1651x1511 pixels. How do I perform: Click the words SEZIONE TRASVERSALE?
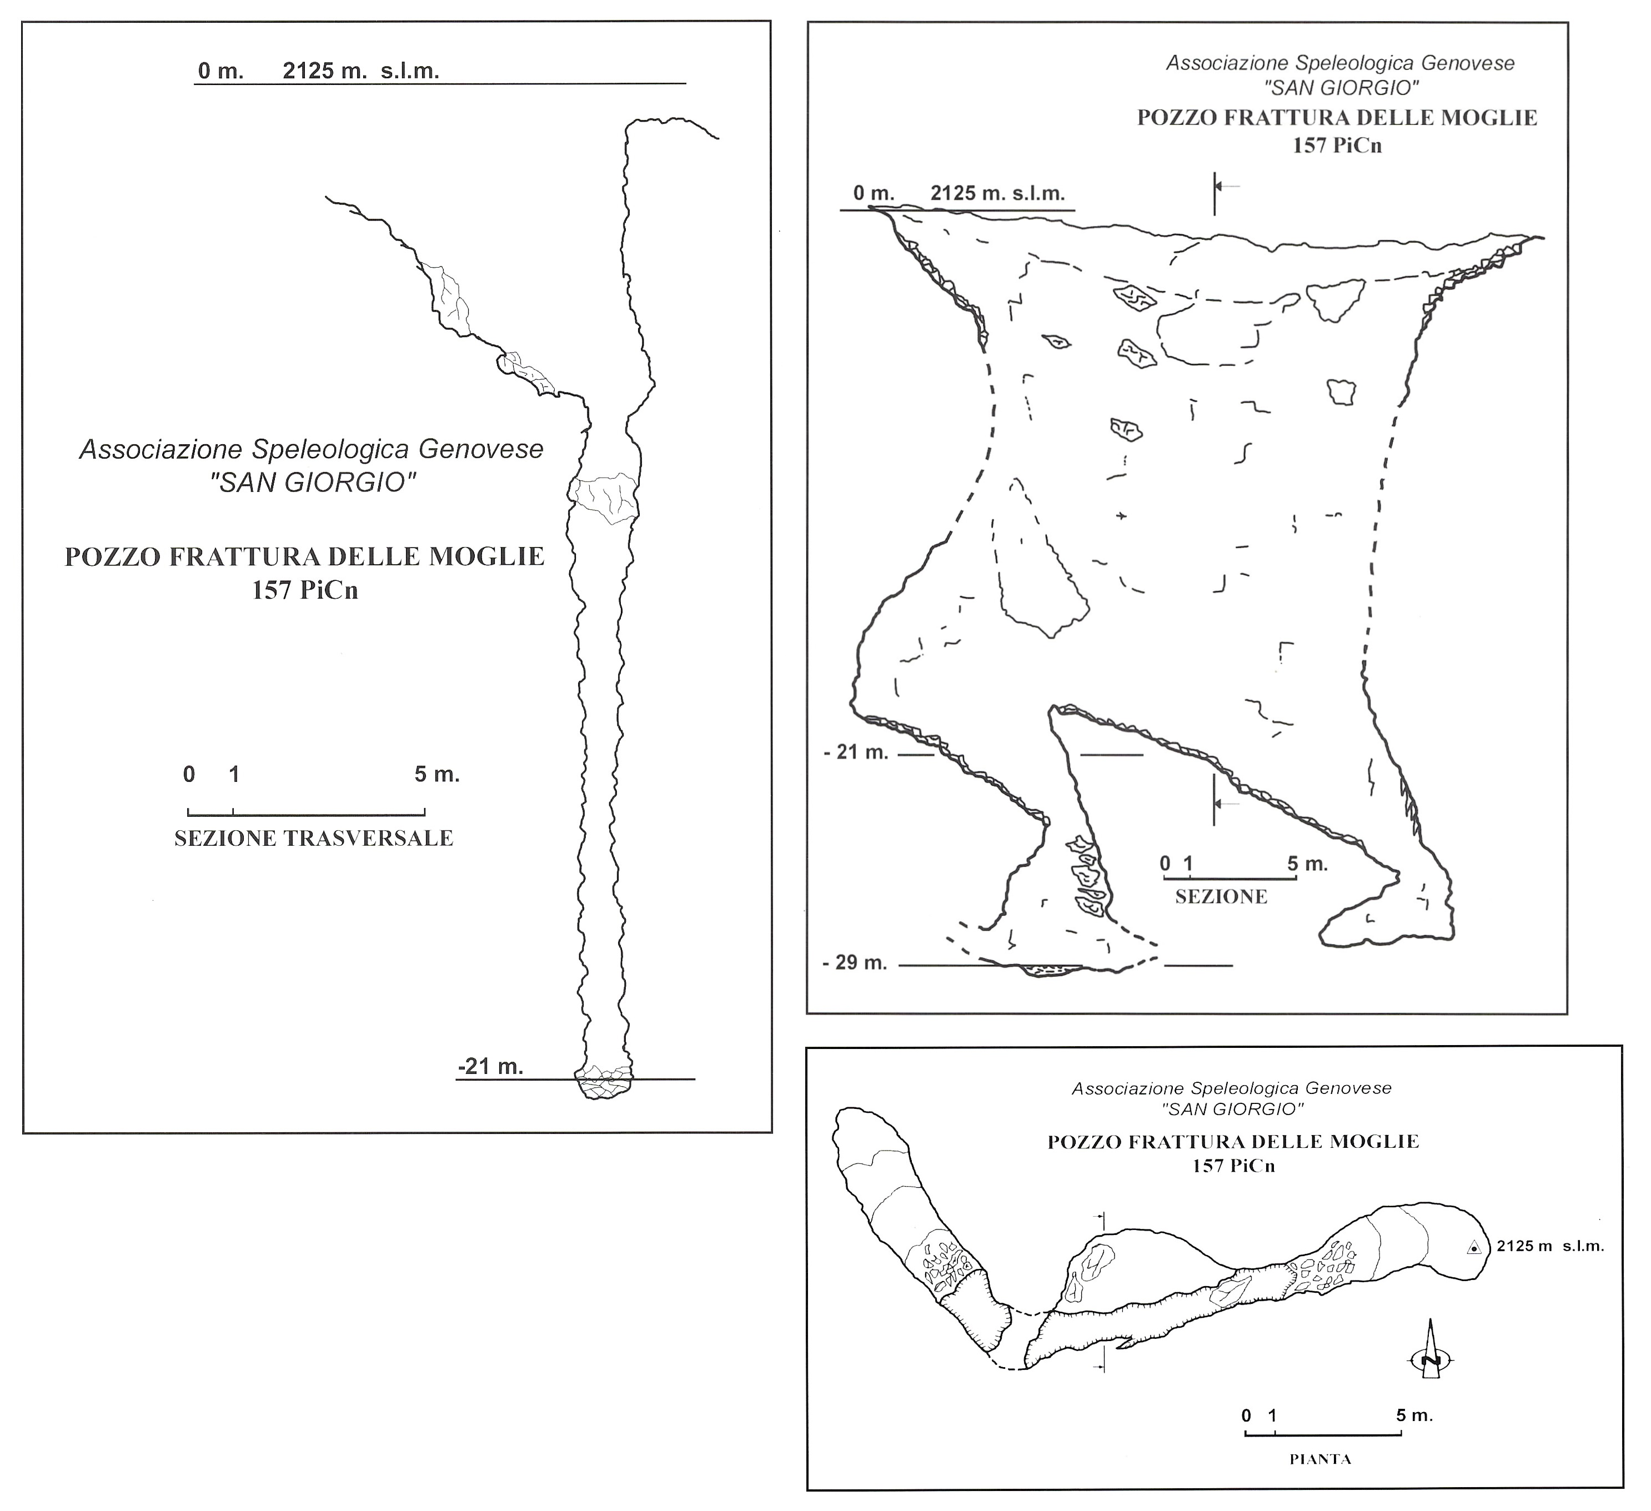point(314,839)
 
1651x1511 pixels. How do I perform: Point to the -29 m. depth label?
point(855,963)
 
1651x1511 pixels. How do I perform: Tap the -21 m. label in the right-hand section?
point(856,752)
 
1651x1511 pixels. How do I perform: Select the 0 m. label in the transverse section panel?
point(221,71)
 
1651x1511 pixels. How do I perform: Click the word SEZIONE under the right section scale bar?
point(1221,897)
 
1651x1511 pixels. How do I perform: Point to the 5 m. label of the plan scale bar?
point(1414,1415)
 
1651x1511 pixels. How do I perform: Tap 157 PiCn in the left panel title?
point(305,590)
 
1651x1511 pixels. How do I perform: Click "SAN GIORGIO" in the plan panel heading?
point(1232,1109)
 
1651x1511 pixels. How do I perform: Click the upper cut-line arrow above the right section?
point(1226,187)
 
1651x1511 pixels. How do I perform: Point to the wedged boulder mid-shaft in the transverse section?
point(604,496)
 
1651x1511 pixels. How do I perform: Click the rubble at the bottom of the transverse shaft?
point(604,1083)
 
